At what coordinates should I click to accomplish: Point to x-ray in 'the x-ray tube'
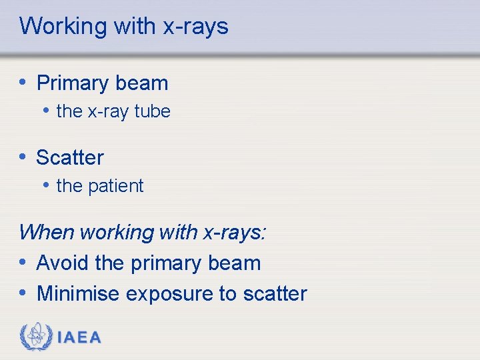109,112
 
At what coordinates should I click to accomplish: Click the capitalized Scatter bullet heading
70,158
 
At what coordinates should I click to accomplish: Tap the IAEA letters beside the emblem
79,337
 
